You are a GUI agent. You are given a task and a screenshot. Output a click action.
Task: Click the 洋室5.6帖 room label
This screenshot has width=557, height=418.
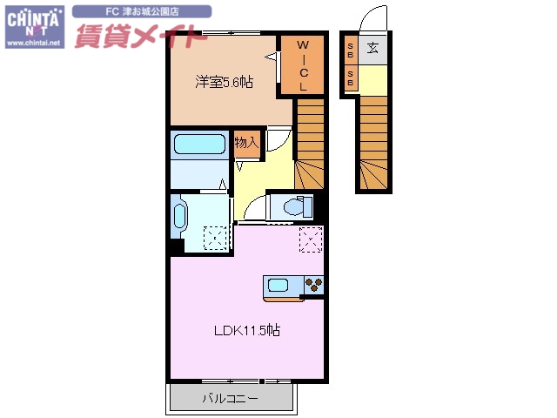coord(225,83)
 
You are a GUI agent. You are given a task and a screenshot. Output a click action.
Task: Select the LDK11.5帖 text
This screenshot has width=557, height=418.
coord(248,330)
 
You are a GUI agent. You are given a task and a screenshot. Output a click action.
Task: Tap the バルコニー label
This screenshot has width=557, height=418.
coord(231,399)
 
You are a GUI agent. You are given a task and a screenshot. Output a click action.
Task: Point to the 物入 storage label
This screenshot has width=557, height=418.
coord(246,142)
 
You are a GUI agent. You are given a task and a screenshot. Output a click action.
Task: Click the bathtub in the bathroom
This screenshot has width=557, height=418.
coord(199,145)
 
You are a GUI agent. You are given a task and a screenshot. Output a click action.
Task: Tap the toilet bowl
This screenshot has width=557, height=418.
coord(292,206)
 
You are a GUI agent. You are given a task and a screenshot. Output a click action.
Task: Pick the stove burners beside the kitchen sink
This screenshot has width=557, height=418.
coord(313,285)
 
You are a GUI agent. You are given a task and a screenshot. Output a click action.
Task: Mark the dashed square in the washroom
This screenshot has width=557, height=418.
coord(214,238)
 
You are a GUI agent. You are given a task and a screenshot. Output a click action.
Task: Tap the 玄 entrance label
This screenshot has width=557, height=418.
coord(372,48)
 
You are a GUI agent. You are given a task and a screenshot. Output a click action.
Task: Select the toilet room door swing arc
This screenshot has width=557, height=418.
coord(254,207)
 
